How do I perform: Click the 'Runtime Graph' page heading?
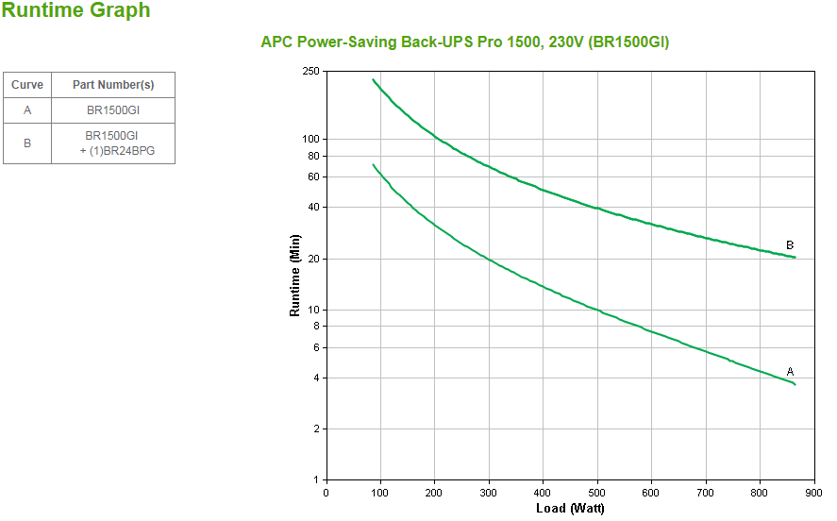pos(76,11)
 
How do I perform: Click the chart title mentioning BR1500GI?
pos(465,42)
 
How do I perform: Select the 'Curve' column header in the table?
pos(27,85)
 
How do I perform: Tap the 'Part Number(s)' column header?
pos(113,85)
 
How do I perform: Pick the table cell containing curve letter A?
pos(27,110)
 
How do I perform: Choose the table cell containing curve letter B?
pos(27,143)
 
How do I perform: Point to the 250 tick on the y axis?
pos(311,72)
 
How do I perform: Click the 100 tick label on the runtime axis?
pos(311,139)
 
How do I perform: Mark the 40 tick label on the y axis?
pos(314,207)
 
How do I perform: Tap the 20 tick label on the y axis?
pos(314,259)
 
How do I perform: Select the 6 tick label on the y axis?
pos(317,347)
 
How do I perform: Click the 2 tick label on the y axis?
pos(317,429)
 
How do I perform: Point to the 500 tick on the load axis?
pos(597,492)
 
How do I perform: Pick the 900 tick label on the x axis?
pos(813,492)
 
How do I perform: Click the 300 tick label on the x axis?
pos(489,492)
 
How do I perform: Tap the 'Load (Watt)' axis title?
pos(570,508)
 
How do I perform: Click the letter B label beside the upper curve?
pos(790,245)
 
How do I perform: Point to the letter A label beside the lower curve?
pos(790,372)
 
